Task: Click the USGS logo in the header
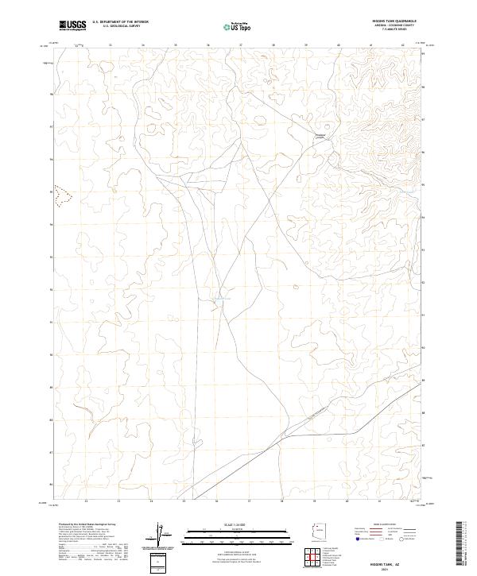[x=73, y=25]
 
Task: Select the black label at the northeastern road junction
[x=321, y=136]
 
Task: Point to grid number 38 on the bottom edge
[x=282, y=501]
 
